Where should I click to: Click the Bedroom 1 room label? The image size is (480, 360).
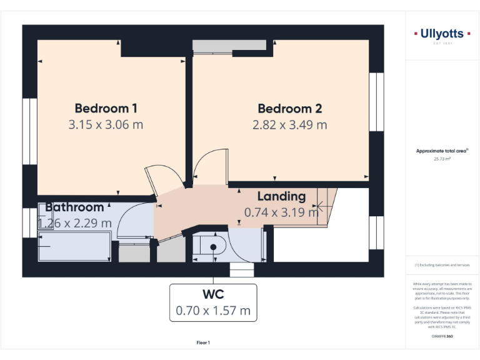(x=106, y=107)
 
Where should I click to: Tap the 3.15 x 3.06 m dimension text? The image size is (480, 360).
(x=106, y=124)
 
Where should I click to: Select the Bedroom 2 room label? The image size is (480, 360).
(x=289, y=108)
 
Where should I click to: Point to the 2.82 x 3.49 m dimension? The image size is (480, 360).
(x=289, y=124)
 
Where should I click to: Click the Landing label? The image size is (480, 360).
(x=281, y=196)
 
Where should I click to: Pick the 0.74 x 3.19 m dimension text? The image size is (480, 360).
(x=281, y=212)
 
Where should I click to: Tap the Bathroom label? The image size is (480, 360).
(x=74, y=207)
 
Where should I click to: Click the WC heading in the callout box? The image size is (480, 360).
(x=213, y=294)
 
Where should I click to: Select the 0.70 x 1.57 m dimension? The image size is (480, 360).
(x=213, y=310)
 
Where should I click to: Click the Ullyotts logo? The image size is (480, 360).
(x=441, y=35)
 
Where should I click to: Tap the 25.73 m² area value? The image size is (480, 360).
(x=441, y=159)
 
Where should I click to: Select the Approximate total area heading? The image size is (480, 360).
(x=441, y=151)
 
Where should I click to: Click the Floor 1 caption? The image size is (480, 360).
(x=203, y=342)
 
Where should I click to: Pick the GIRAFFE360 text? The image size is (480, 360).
(x=441, y=337)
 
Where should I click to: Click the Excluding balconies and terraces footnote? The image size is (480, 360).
(x=441, y=265)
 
